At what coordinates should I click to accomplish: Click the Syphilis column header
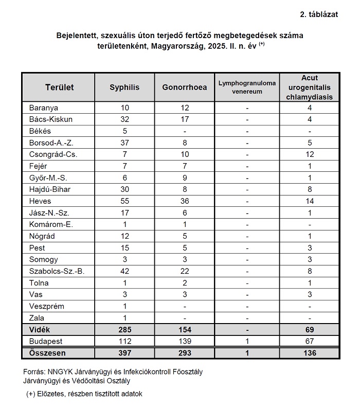(x=124, y=87)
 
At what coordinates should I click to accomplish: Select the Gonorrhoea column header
(x=185, y=87)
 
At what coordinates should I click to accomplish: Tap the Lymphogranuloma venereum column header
(x=247, y=87)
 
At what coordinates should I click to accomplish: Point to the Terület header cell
(x=59, y=87)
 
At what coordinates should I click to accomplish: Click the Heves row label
(x=41, y=201)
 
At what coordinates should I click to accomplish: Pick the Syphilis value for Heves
(x=124, y=201)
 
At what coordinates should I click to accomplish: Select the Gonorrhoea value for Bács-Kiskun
(x=185, y=119)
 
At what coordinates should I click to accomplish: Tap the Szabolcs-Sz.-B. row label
(x=57, y=271)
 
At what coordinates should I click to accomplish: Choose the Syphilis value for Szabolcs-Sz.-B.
(x=124, y=271)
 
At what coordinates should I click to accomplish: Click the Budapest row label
(x=46, y=342)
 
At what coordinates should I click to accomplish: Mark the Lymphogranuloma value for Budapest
(x=247, y=342)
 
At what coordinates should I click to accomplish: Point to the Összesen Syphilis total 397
(x=124, y=353)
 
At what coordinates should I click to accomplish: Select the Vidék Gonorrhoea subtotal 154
(x=185, y=330)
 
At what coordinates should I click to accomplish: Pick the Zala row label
(x=38, y=318)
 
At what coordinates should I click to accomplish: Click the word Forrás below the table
(x=34, y=371)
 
